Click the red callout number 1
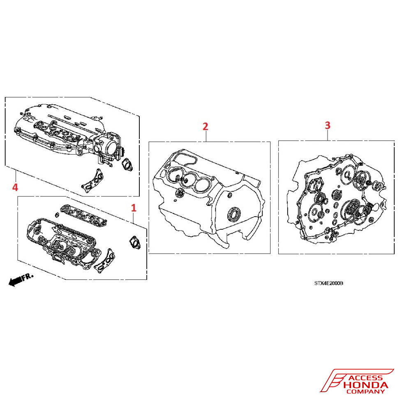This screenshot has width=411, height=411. click(134, 208)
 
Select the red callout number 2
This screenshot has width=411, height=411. click(205, 126)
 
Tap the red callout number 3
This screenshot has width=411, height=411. click(328, 125)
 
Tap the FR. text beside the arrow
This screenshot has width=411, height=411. click(28, 277)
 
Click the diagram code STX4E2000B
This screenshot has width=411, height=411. click(329, 283)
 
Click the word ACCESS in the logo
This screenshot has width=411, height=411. click(366, 378)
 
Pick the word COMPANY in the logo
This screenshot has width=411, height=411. click(365, 392)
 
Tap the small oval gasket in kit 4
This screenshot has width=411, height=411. click(127, 165)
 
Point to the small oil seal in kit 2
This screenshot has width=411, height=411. click(180, 193)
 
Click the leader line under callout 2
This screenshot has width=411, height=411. click(206, 136)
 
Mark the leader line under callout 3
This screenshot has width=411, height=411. click(328, 135)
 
